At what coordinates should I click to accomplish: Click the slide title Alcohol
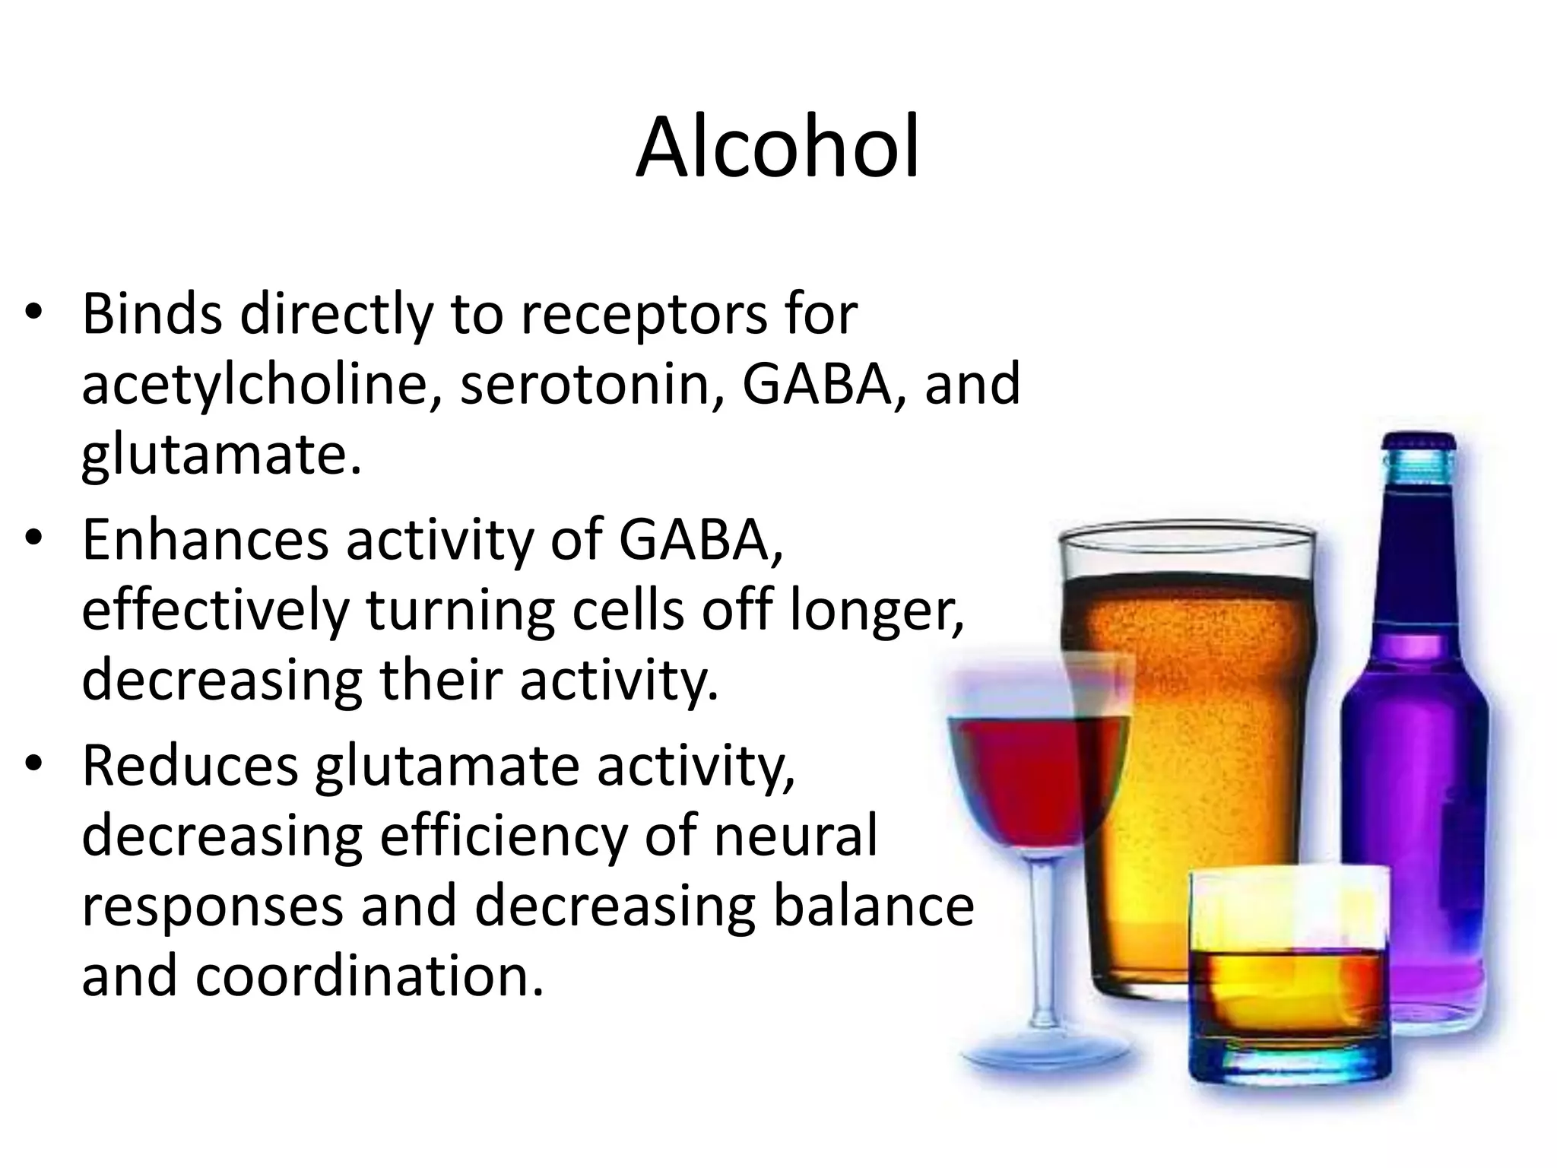777,148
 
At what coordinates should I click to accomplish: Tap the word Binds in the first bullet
151,314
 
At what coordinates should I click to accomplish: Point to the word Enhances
205,540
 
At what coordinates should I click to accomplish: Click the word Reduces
190,766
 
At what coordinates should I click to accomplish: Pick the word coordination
369,977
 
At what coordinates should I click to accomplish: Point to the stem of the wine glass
1046,958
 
